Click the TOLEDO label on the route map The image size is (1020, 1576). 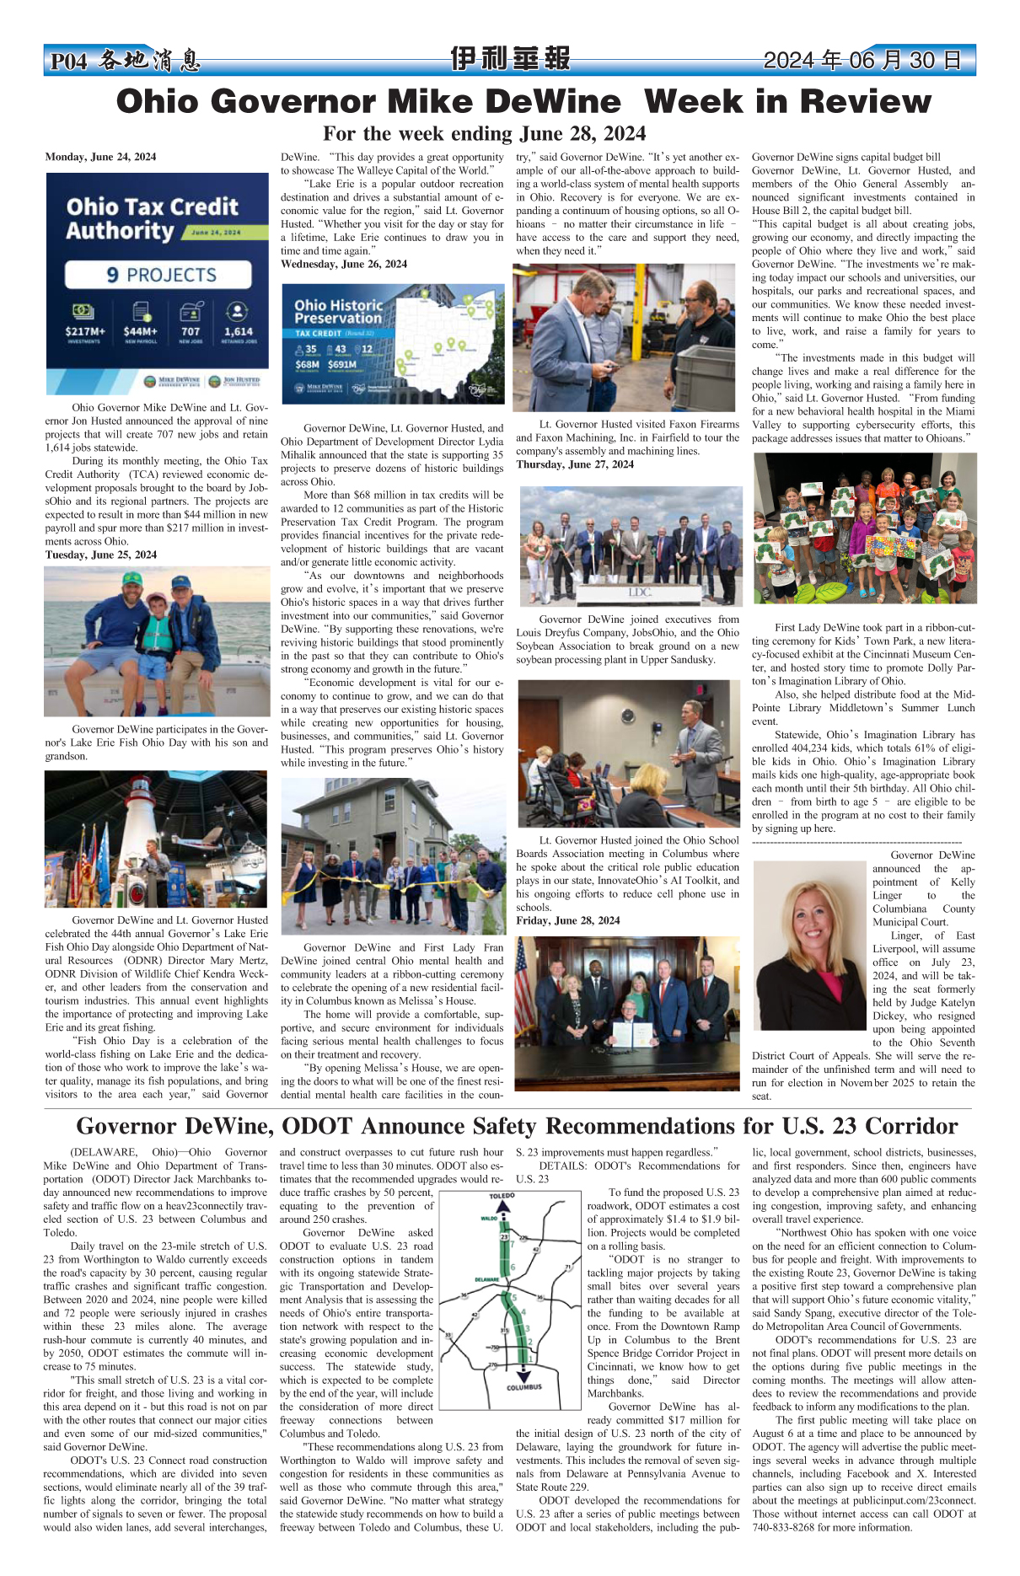(x=502, y=1196)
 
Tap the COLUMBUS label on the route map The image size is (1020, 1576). (x=523, y=1387)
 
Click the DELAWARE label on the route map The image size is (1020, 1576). (x=487, y=1279)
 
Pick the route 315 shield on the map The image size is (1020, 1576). (x=504, y=1331)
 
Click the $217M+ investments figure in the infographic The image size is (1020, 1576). (x=84, y=331)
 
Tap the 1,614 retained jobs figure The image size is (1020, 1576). (x=238, y=331)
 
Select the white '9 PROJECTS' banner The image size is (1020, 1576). (x=158, y=275)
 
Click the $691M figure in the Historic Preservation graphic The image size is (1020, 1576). (x=342, y=365)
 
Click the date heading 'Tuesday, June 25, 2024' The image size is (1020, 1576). (x=101, y=555)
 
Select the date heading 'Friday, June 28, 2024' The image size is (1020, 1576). (x=567, y=920)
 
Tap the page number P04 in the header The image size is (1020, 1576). (x=68, y=62)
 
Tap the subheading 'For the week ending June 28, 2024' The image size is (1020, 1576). (x=485, y=134)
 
